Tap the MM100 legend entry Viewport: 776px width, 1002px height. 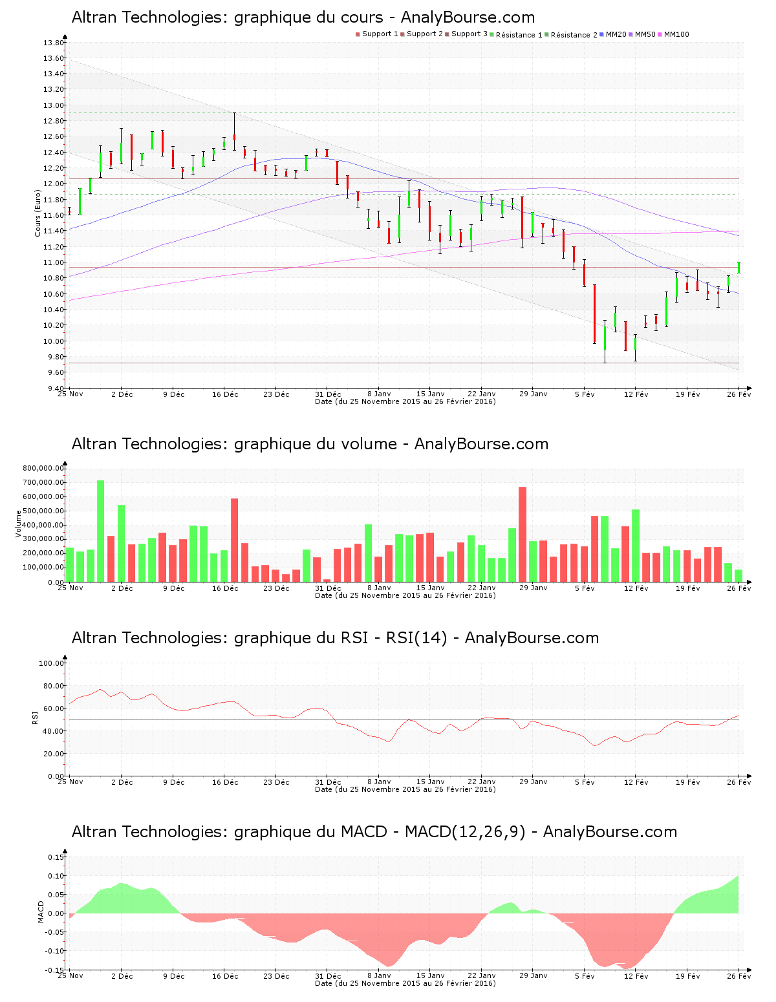[676, 34]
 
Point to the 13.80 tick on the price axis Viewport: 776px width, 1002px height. [54, 43]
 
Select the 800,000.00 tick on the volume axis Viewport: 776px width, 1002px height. [43, 468]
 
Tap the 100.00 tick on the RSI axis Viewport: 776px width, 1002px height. [52, 663]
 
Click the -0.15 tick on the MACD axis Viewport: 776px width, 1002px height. [54, 970]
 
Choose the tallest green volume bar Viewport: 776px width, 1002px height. [101, 530]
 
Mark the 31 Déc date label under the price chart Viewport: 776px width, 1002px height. [328, 394]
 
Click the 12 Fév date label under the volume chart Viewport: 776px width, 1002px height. [636, 588]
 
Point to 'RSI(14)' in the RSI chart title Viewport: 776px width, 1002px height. [416, 638]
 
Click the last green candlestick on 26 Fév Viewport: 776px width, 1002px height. [738, 268]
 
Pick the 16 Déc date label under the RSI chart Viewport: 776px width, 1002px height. [225, 782]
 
